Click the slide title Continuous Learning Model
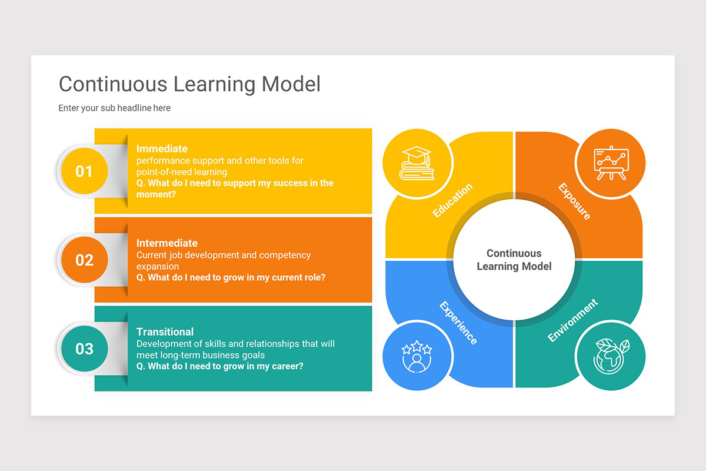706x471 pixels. point(189,84)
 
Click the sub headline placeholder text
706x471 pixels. point(114,108)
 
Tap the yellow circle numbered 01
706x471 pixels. point(84,171)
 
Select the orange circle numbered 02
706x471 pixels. point(84,260)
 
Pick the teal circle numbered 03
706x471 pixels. point(84,349)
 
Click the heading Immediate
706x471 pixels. point(162,149)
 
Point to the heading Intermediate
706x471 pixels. point(167,243)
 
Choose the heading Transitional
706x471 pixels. point(165,331)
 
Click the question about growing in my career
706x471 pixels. point(220,366)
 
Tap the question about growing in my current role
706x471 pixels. point(231,277)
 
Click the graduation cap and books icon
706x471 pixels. point(417,163)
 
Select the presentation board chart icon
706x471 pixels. point(611,163)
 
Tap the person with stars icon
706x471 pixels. point(417,356)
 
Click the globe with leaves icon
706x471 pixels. point(611,356)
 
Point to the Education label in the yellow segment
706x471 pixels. point(452,201)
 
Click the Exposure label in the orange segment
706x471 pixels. point(574,201)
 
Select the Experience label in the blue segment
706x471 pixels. point(458,323)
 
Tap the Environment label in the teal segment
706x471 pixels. point(572,320)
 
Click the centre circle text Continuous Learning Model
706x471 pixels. point(514,260)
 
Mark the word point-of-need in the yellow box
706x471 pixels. point(162,172)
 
